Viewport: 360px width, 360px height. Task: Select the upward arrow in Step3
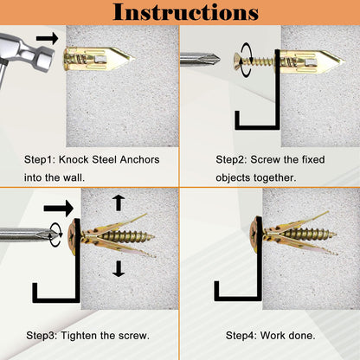click(119, 202)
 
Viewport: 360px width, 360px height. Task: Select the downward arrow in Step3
click(119, 268)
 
